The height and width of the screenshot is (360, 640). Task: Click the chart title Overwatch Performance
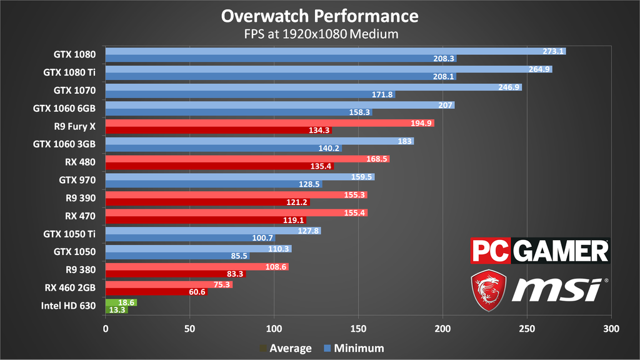coord(319,15)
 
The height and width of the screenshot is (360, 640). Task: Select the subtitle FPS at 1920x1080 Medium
coord(319,33)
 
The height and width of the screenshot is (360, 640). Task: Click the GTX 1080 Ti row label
coord(69,72)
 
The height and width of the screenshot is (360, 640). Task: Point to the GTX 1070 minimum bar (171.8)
coord(250,94)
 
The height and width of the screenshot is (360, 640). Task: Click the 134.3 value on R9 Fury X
coord(320,131)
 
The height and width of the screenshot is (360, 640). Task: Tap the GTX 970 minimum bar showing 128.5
coord(212,184)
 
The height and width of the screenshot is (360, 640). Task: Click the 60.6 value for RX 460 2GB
coord(196,292)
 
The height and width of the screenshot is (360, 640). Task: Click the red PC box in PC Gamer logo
coord(491,251)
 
